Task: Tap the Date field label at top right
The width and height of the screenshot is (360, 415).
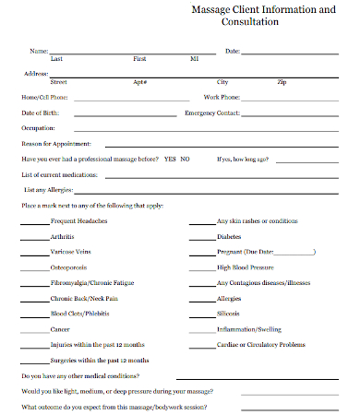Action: [x=232, y=51]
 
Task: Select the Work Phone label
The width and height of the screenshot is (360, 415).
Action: [x=222, y=97]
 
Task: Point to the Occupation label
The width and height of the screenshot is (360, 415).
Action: [x=38, y=128]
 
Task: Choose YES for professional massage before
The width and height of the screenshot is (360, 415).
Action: [x=170, y=160]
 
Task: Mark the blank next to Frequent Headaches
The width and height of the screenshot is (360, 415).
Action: [x=34, y=222]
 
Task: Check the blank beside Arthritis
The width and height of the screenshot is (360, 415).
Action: [x=34, y=237]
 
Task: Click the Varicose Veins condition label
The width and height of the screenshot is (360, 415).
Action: [x=71, y=252]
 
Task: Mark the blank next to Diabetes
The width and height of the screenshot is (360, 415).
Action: [x=201, y=237]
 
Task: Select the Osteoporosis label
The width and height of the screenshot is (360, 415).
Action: [x=68, y=267]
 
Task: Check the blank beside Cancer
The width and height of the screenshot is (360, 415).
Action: [x=34, y=329]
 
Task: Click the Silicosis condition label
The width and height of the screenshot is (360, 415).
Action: [x=228, y=314]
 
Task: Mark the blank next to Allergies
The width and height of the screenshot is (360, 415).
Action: [x=201, y=299]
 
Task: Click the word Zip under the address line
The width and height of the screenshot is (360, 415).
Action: [x=282, y=82]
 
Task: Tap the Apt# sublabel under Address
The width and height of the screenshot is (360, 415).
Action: [x=140, y=82]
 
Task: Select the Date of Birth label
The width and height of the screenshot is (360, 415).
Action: [x=40, y=113]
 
